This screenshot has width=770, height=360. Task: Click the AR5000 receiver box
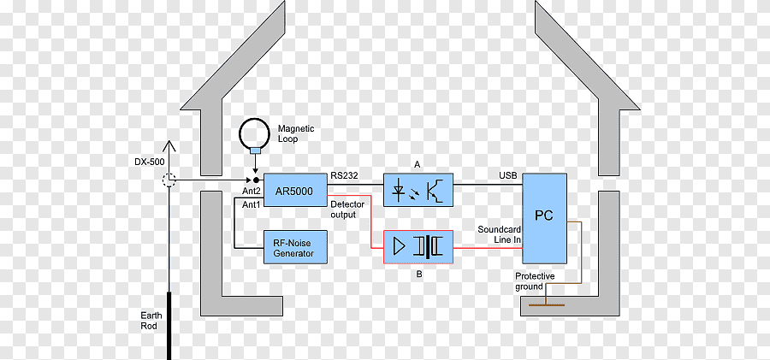pyautogui.click(x=296, y=190)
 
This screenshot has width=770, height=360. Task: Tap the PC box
pyautogui.click(x=544, y=219)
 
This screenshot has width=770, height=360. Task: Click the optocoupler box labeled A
pyautogui.click(x=418, y=190)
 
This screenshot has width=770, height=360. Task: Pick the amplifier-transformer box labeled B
pyautogui.click(x=418, y=247)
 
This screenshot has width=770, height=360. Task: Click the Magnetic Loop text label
pyautogui.click(x=296, y=133)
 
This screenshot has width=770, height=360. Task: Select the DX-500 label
pyautogui.click(x=149, y=161)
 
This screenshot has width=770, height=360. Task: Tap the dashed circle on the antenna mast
pyautogui.click(x=169, y=180)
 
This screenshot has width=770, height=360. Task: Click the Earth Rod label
pyautogui.click(x=151, y=320)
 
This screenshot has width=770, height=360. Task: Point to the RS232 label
pyautogui.click(x=344, y=174)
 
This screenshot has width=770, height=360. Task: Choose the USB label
pyautogui.click(x=507, y=175)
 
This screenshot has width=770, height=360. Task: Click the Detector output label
pyautogui.click(x=347, y=210)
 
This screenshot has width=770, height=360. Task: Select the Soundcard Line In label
pyautogui.click(x=500, y=233)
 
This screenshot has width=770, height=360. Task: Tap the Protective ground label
pyautogui.click(x=535, y=281)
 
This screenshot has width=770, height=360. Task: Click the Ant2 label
pyautogui.click(x=251, y=191)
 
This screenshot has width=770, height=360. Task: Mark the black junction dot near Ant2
pyautogui.click(x=255, y=180)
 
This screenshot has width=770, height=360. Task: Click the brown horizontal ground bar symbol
pyautogui.click(x=546, y=305)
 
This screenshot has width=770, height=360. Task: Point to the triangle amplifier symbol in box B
pyautogui.click(x=400, y=246)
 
